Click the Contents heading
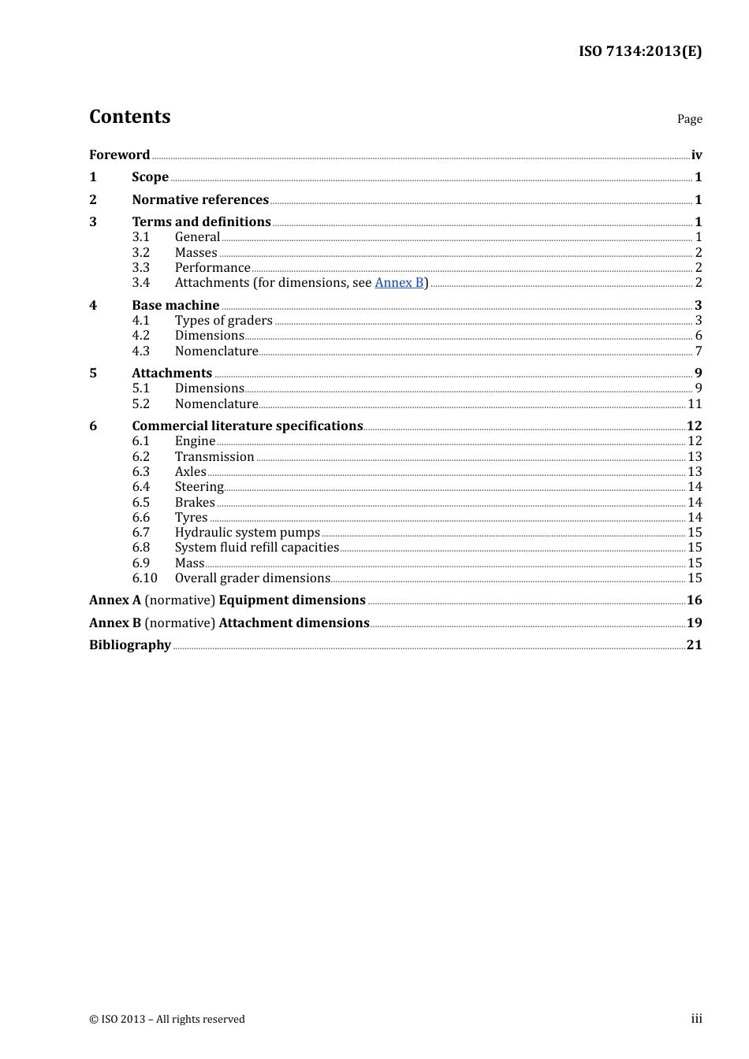tap(129, 117)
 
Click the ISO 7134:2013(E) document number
tap(639, 51)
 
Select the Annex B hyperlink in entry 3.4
tap(399, 283)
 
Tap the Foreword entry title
tap(119, 155)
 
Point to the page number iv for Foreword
tap(696, 155)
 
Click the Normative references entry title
tap(200, 200)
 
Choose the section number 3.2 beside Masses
tap(140, 253)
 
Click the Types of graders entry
tap(223, 321)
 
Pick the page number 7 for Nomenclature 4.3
tap(698, 351)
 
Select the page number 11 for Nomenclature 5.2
tap(695, 404)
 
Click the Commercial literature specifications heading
tap(247, 426)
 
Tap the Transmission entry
tap(214, 457)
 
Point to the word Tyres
tap(191, 518)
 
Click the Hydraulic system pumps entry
tap(247, 533)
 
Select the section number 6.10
tap(144, 578)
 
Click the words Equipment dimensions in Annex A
tap(292, 600)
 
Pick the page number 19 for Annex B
tap(694, 623)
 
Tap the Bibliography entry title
tap(130, 645)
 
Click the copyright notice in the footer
tap(167, 1020)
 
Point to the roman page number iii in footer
tap(696, 1019)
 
